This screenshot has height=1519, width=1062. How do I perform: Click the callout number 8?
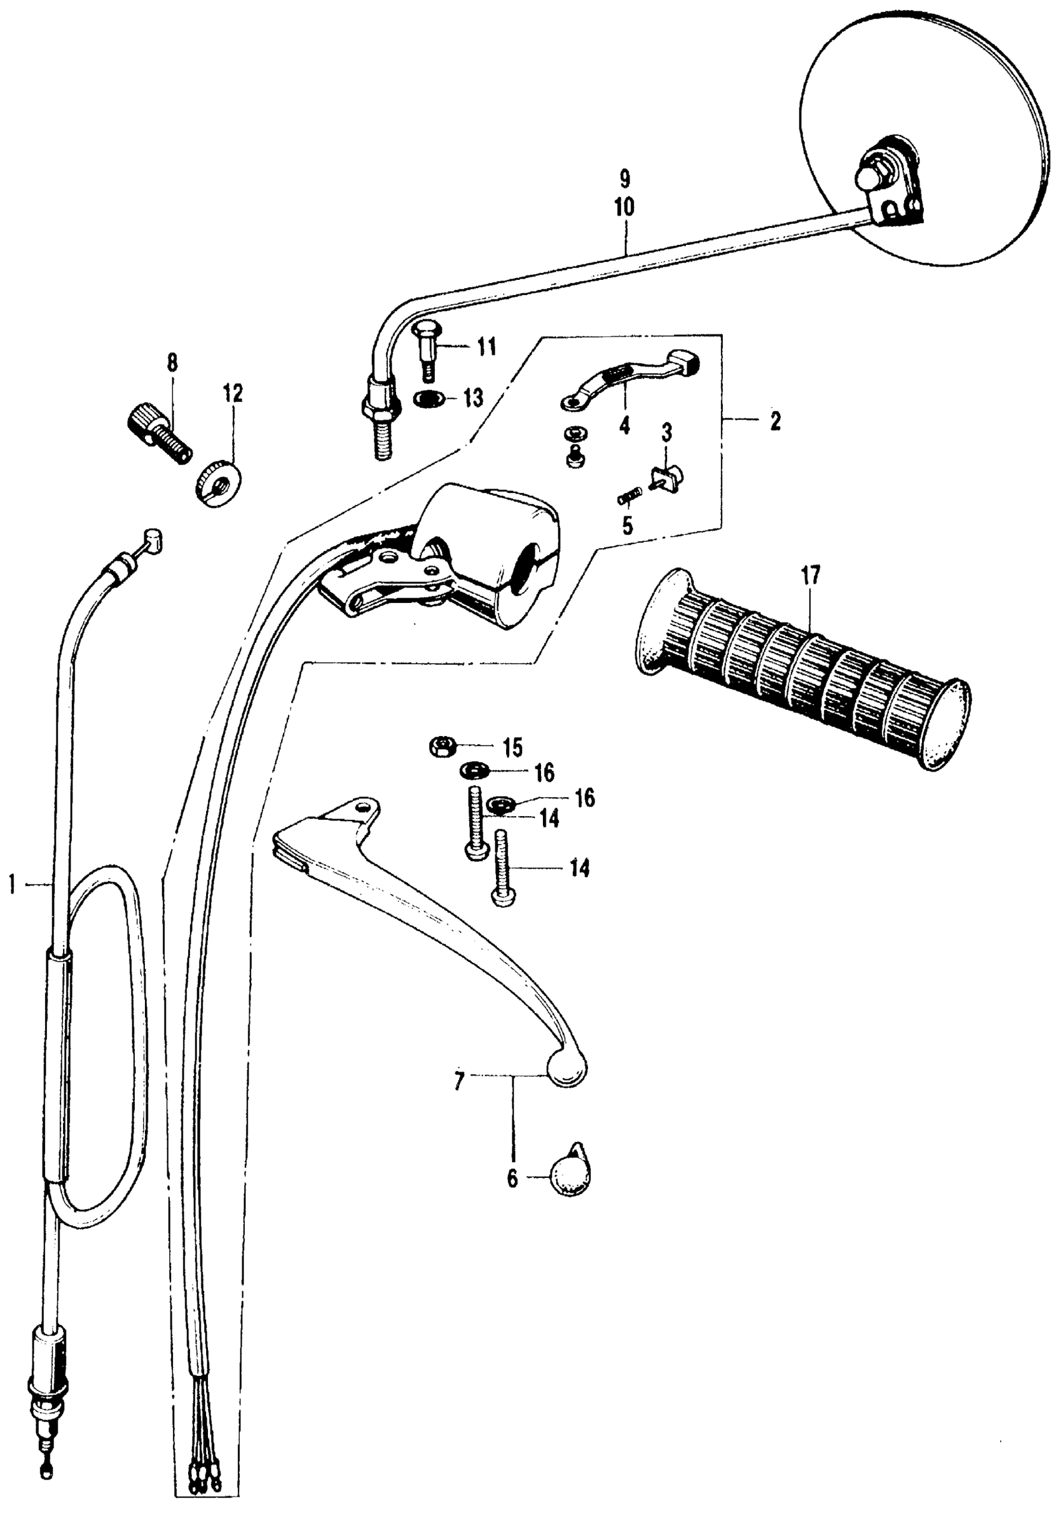(172, 364)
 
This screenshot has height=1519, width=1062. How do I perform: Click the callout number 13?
(473, 398)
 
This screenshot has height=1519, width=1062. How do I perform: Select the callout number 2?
(775, 421)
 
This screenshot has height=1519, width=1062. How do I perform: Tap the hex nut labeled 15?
(440, 747)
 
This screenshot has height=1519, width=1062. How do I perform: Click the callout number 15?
(510, 749)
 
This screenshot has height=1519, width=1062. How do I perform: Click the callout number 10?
(623, 207)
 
